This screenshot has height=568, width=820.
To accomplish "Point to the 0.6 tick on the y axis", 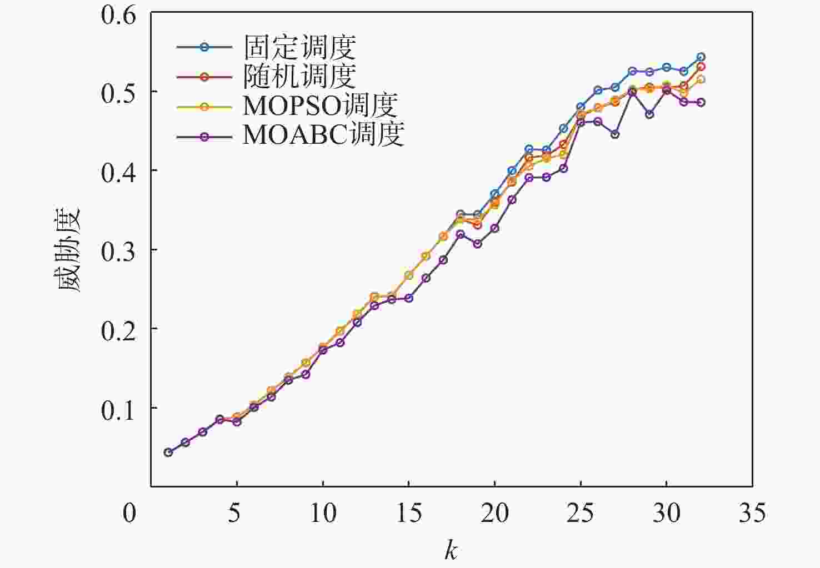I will tap(118, 15).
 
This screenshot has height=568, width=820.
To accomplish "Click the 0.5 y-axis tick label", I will tap(118, 93).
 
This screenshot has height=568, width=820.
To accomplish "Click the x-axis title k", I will tap(451, 551).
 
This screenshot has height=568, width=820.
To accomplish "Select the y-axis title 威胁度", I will tap(70, 250).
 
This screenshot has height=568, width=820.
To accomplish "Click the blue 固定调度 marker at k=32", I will tap(701, 57).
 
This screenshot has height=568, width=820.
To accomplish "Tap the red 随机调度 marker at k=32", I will tap(701, 67).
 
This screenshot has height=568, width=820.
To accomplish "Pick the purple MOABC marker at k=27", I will tap(615, 134).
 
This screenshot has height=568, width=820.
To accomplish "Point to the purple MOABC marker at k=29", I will tap(649, 114).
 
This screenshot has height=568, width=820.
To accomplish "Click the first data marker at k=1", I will tap(168, 453).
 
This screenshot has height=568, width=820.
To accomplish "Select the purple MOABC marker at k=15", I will tap(409, 298).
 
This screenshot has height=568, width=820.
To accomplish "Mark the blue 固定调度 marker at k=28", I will tap(632, 71).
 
